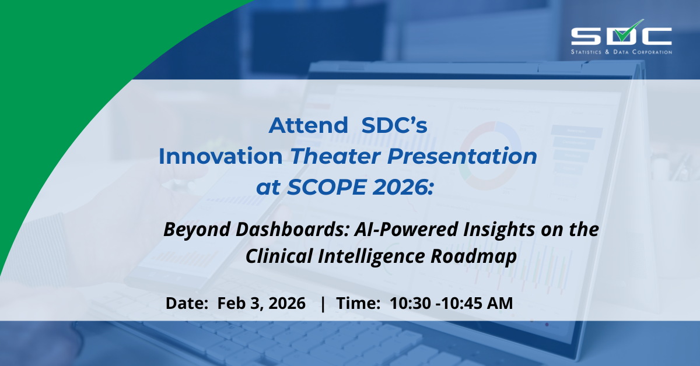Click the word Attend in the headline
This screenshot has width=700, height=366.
308,125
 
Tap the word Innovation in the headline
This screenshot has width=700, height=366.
220,156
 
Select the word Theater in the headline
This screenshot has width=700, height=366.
335,156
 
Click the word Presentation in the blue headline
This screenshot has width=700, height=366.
462,156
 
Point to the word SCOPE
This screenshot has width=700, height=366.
327,187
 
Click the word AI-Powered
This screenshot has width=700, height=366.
405,229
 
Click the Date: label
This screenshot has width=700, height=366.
187,303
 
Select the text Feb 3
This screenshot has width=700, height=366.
239,303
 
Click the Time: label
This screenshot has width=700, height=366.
358,303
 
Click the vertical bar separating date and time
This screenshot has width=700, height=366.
323,304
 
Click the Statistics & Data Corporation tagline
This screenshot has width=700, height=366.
621,52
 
